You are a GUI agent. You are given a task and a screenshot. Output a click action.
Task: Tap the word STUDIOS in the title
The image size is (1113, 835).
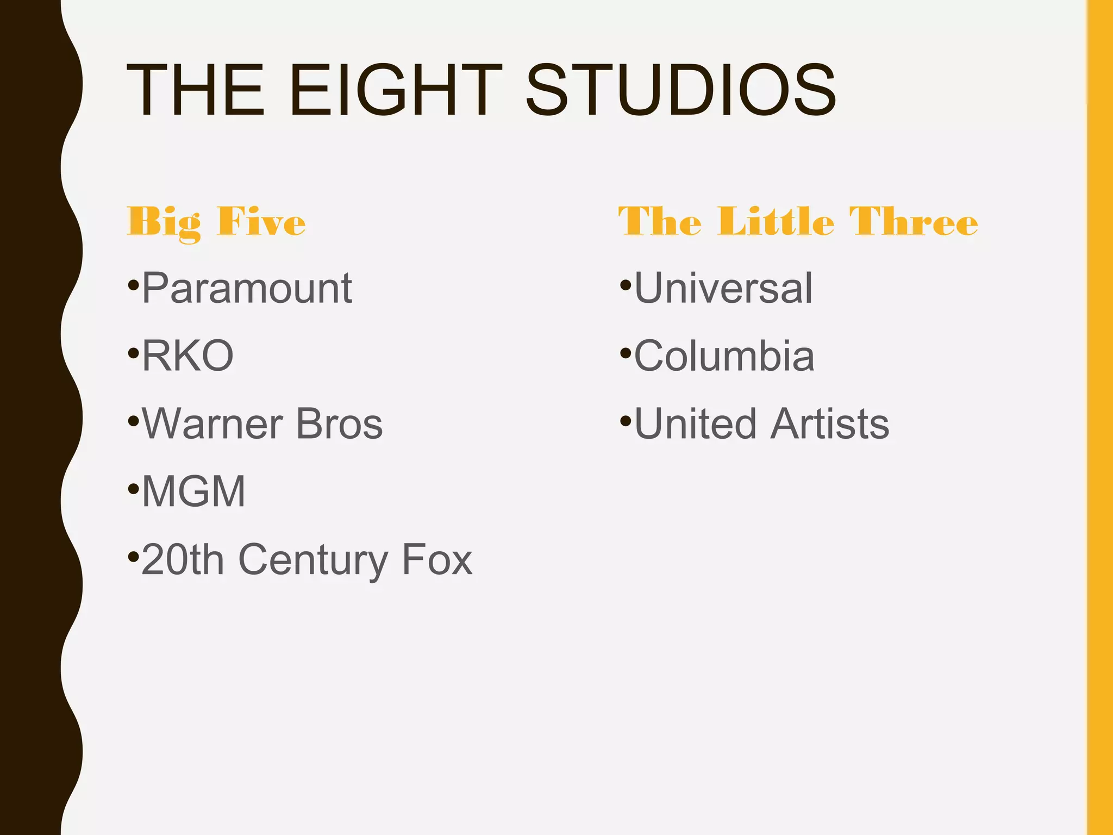coord(680,90)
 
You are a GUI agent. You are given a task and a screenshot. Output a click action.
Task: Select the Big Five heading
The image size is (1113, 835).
coord(216,222)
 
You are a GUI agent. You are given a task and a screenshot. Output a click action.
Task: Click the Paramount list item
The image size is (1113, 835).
coord(247,288)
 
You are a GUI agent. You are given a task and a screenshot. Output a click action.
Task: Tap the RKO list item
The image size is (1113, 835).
coord(187,356)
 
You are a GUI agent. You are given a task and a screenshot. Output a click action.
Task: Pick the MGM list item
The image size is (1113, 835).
coord(193,492)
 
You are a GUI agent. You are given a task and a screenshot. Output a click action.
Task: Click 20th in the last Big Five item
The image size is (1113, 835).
coord(183,559)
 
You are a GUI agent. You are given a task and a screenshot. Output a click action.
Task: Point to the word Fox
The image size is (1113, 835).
coord(437,559)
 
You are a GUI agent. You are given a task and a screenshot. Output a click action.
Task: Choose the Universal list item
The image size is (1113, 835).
coord(723,288)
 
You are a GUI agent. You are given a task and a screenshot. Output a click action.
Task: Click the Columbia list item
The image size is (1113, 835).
coord(724,356)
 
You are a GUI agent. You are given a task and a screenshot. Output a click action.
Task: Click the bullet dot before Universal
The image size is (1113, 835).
coord(625,284)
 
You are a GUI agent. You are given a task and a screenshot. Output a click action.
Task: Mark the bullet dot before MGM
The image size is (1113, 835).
coord(133,489)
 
